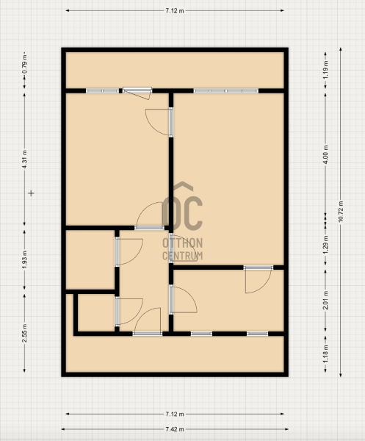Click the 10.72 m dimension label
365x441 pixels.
(341, 212)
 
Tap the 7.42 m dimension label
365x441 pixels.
(175, 429)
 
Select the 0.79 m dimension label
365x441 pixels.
(25, 68)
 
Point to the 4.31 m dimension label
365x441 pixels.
(25, 159)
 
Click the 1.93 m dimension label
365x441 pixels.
(25, 259)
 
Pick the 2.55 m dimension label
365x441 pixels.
(25, 333)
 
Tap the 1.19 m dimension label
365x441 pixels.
(325, 70)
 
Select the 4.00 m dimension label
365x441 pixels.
(325, 154)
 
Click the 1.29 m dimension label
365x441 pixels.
(325, 245)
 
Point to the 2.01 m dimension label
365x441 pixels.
(325, 301)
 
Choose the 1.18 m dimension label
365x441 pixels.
(325, 353)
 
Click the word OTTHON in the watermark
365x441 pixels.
(182, 243)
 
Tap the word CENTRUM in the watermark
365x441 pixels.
(182, 256)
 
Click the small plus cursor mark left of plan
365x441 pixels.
(31, 193)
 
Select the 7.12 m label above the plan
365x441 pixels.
(175, 11)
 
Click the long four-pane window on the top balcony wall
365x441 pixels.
(226, 91)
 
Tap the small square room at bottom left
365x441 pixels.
(96, 312)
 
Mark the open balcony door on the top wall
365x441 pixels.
(137, 93)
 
